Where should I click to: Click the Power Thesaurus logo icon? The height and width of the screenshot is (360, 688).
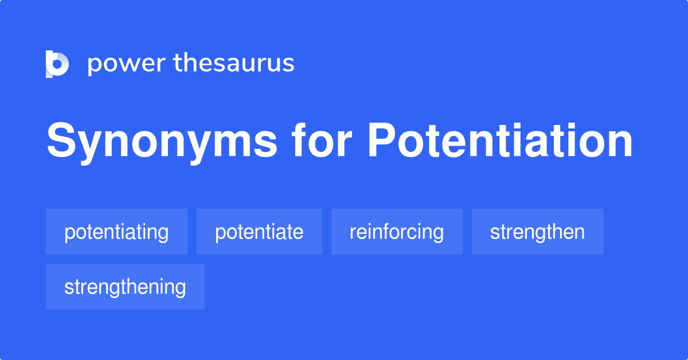pos(57,64)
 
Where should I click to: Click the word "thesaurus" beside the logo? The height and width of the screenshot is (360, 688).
pos(234,63)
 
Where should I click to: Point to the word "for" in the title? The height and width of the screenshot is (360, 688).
pos(322,142)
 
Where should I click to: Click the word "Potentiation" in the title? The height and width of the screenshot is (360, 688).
pos(500,142)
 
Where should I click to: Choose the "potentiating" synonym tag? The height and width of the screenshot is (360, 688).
pos(116,232)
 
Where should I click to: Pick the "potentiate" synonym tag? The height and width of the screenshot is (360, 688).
pos(259,232)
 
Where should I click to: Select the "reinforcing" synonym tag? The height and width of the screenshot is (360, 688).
pos(397,232)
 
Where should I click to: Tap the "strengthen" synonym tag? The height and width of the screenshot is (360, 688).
pos(537,232)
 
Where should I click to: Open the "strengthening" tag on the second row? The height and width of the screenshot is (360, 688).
pos(125,287)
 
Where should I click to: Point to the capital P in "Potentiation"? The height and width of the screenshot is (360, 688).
pos(381,142)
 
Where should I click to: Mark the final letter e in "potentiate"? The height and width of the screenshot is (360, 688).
pos(298,233)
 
